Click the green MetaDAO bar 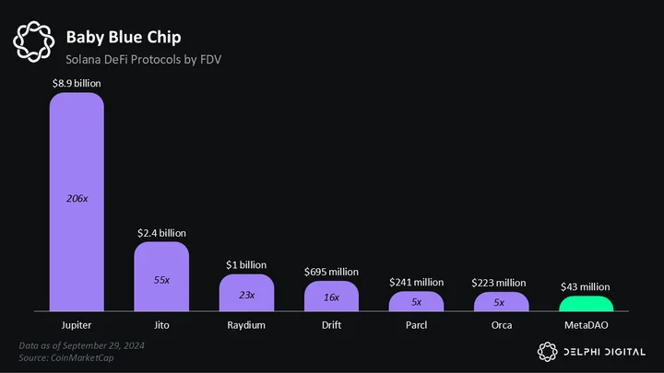[x=587, y=304]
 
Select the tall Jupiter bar [x=77, y=202]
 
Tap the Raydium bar [x=246, y=293]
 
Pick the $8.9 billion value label [x=77, y=83]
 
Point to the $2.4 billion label [x=161, y=233]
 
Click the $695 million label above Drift [x=331, y=272]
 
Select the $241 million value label [x=416, y=282]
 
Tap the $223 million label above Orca [x=499, y=283]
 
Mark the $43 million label [x=586, y=286]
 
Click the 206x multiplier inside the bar [x=77, y=198]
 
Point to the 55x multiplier [x=161, y=280]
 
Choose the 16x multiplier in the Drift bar [x=331, y=297]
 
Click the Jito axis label [x=161, y=325]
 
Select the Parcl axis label [x=416, y=325]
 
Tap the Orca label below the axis [x=502, y=325]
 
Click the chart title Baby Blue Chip [x=124, y=37]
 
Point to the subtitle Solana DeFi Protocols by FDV [x=144, y=60]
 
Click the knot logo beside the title [x=34, y=41]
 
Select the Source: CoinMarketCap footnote [x=66, y=357]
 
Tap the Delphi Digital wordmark [x=605, y=352]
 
